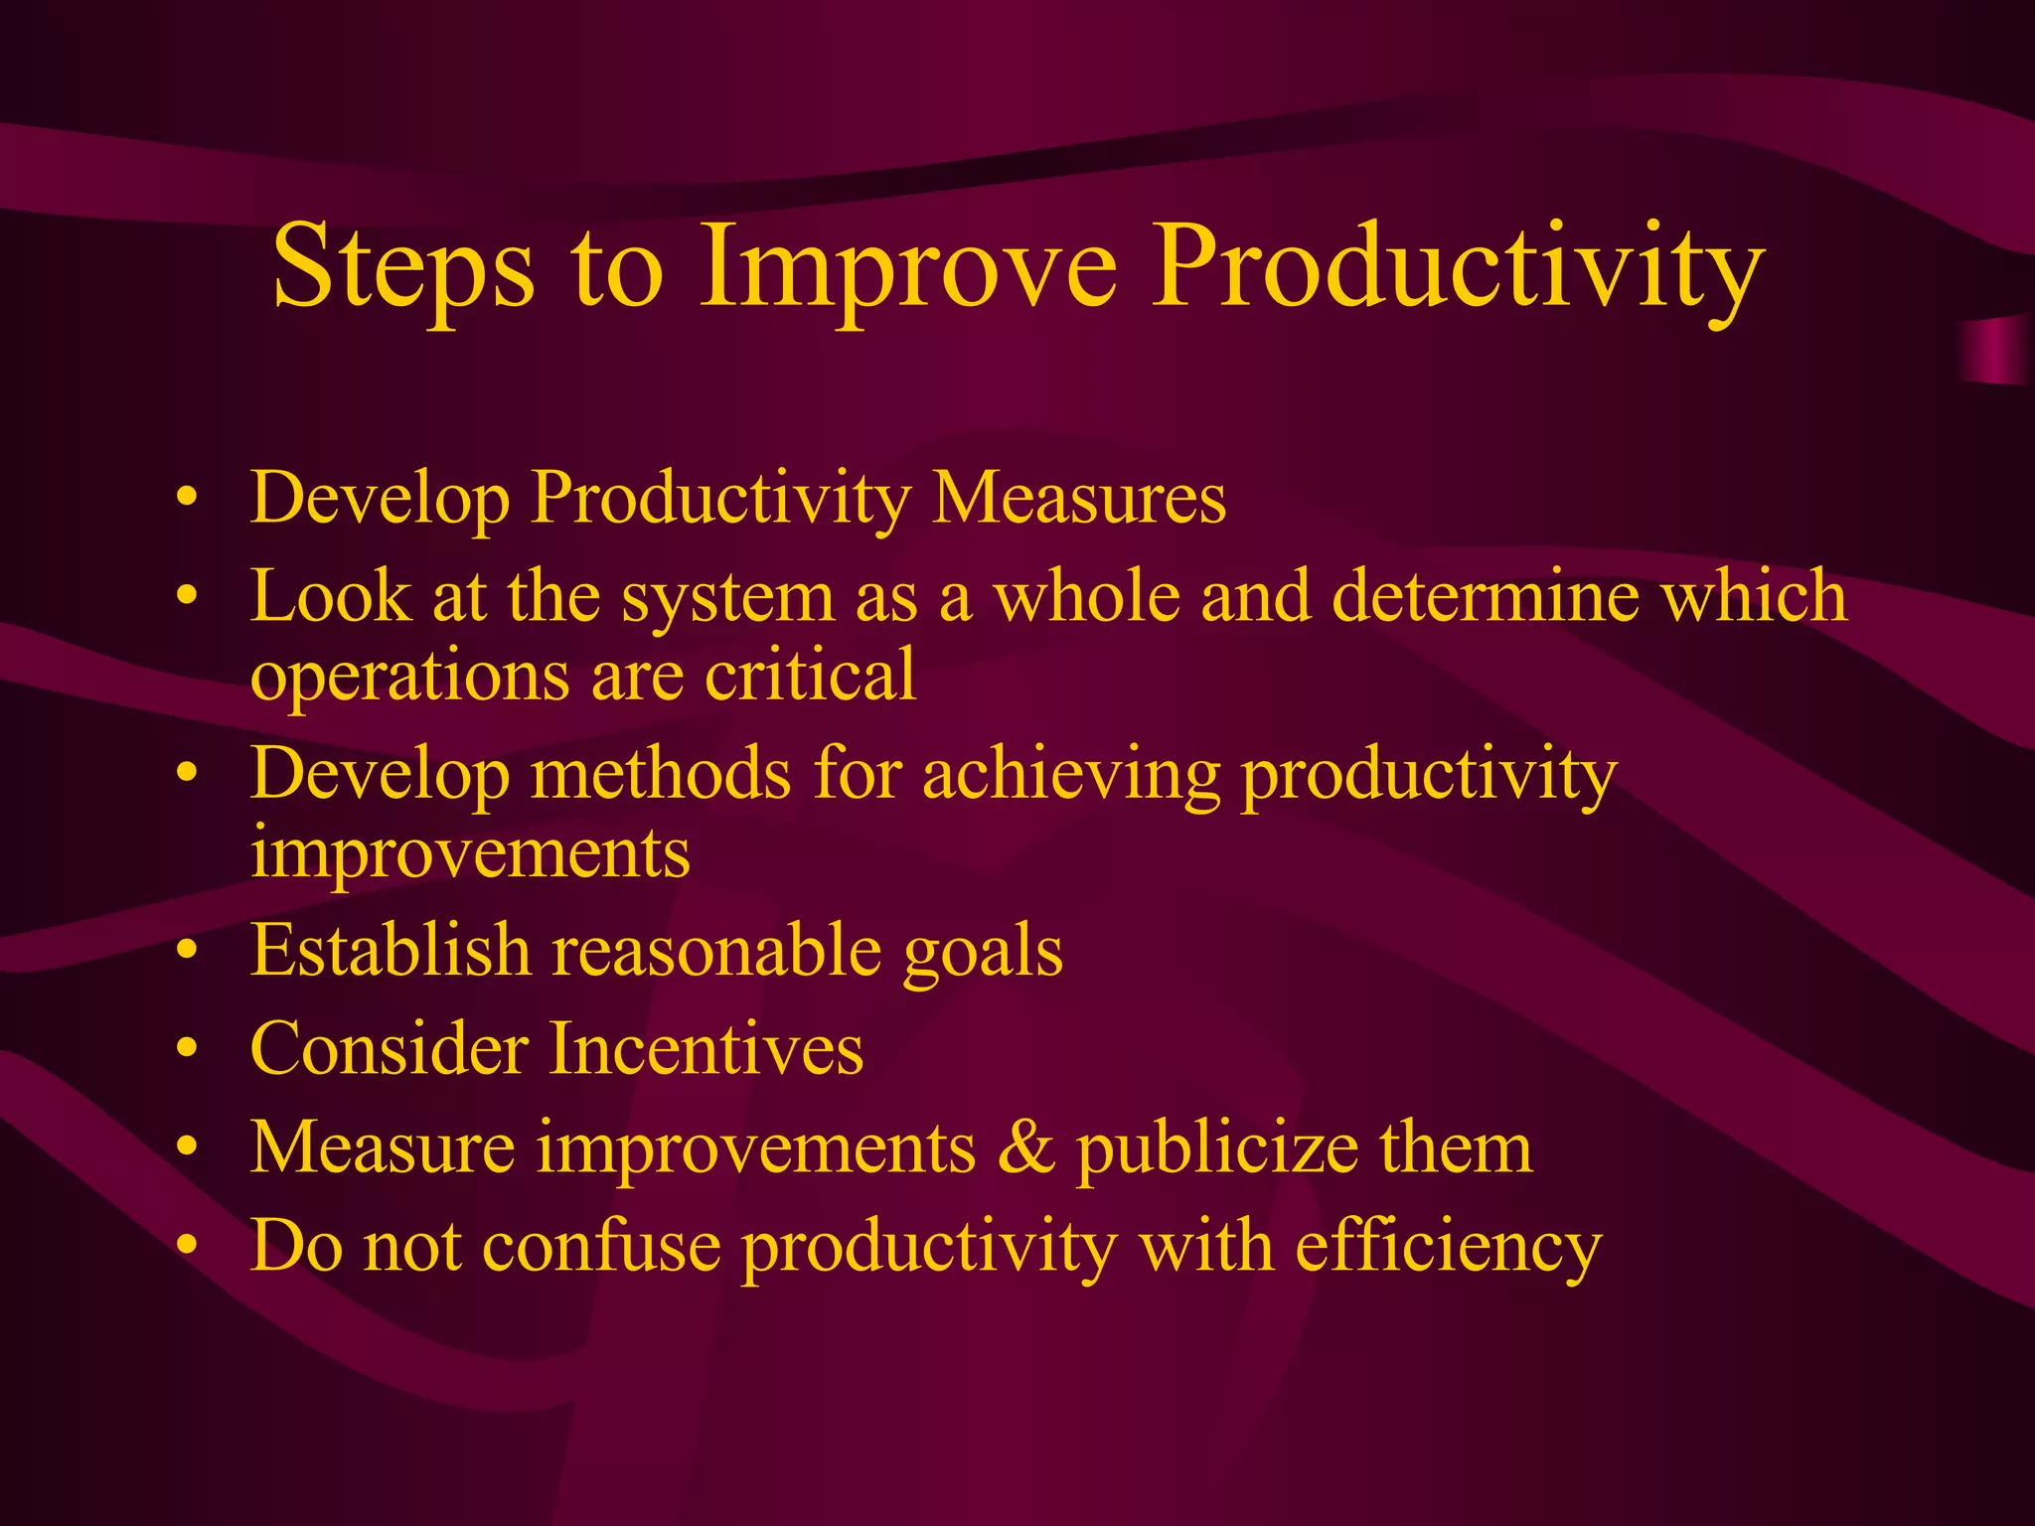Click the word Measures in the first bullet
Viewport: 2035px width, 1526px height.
(1079, 498)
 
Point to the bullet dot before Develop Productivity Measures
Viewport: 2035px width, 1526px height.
(186, 500)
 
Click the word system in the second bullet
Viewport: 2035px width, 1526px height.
(728, 597)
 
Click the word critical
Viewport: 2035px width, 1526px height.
(810, 675)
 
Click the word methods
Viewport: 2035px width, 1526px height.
(661, 774)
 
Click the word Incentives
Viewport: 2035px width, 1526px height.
(706, 1049)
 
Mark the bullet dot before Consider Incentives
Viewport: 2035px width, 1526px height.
(186, 1051)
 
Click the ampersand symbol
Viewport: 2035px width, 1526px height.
(1024, 1148)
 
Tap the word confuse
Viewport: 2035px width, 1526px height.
(601, 1246)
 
